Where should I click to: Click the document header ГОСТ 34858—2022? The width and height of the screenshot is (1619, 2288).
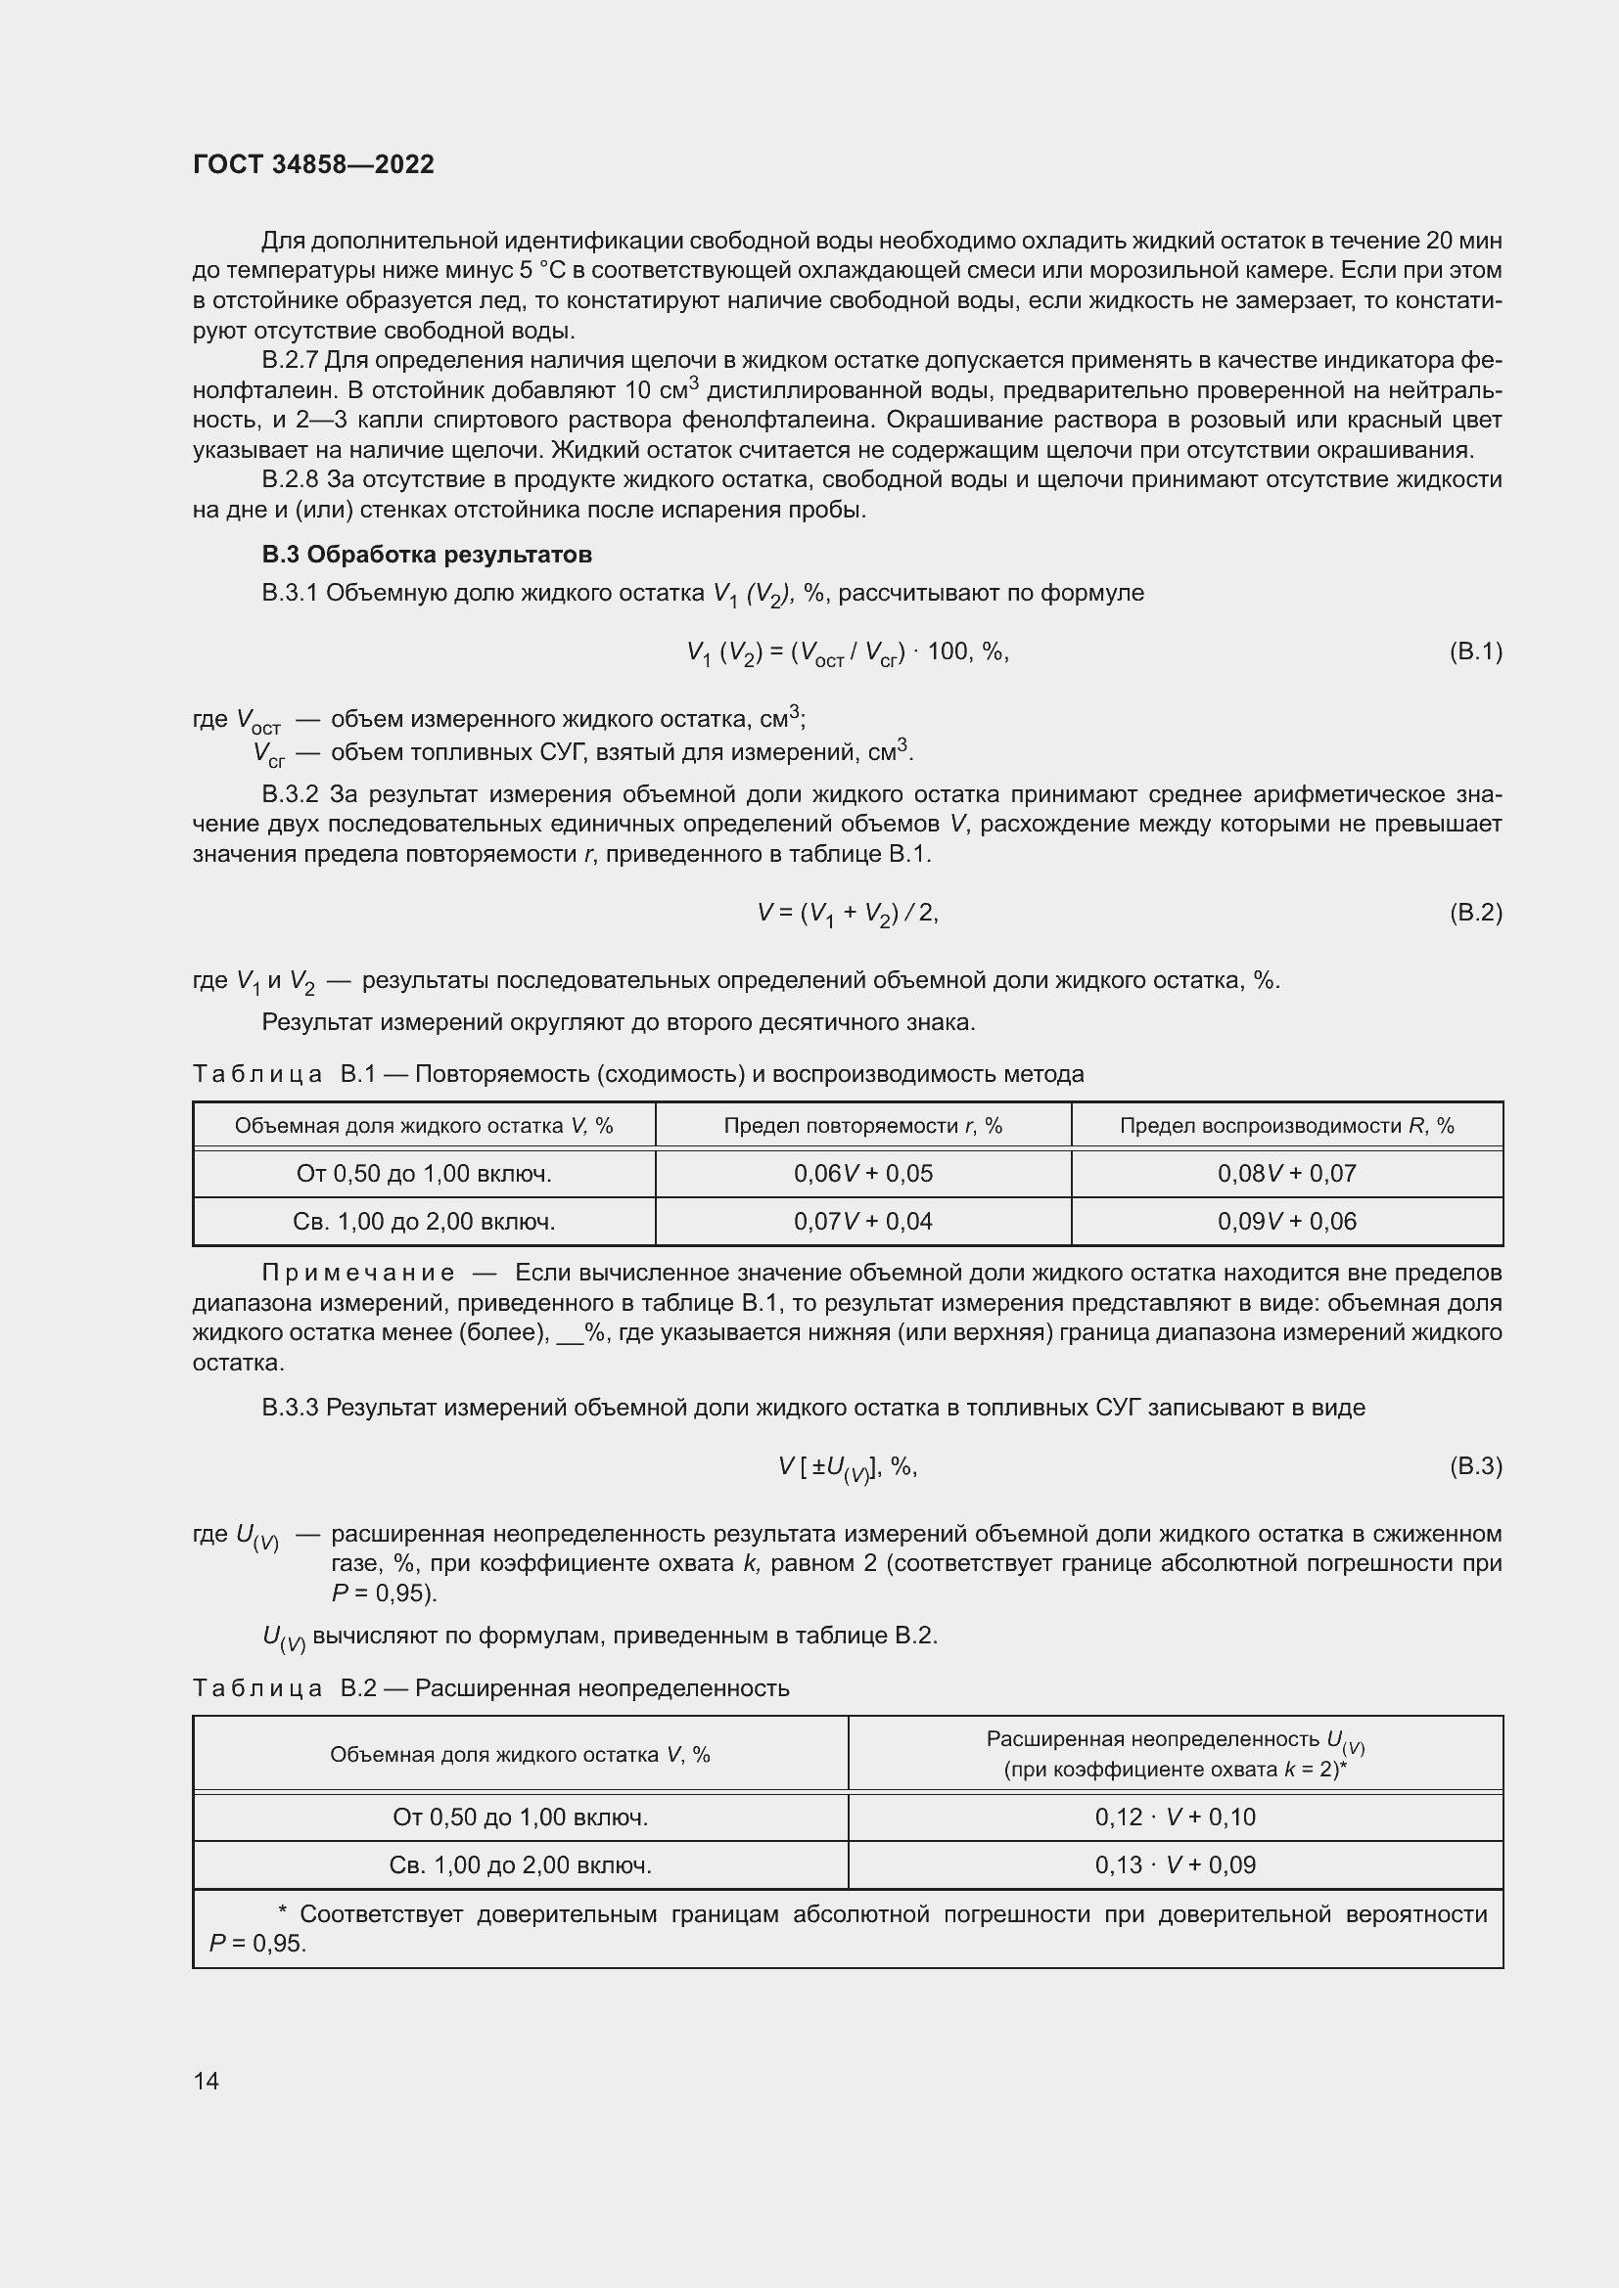coord(313,164)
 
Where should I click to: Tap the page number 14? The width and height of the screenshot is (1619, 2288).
coord(207,2081)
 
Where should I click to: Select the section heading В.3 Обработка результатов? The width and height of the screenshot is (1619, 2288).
coord(427,554)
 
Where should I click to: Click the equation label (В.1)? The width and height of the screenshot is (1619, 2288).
coord(1474,651)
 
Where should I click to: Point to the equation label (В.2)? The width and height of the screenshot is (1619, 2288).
coord(1474,913)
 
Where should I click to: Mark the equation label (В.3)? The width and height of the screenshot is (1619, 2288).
coord(1474,1466)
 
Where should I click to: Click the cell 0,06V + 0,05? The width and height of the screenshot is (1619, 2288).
coord(863,1174)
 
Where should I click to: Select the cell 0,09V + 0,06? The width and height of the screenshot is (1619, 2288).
coord(1287,1222)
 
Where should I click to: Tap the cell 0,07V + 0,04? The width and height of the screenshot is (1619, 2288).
coord(863,1222)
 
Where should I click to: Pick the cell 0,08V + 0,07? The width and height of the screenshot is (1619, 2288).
coord(1287,1174)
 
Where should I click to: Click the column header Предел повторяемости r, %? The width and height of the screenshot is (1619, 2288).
coord(863,1126)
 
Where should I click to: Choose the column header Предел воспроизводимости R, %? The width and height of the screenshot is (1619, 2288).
coord(1287,1126)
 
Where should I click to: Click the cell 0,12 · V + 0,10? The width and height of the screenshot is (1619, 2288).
coord(1176,1817)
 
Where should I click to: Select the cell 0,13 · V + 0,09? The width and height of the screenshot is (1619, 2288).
coord(1176,1864)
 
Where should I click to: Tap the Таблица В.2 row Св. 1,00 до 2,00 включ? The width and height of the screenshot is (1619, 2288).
coord(521,1864)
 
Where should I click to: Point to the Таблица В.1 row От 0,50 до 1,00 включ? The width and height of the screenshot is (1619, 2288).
coord(424,1174)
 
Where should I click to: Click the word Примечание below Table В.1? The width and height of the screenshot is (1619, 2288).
coord(358,1274)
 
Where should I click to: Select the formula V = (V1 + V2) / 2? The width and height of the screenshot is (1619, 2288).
coord(848,913)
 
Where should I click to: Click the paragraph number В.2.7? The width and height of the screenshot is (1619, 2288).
coord(290,361)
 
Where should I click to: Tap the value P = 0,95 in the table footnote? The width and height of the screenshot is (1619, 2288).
coord(257,1945)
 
